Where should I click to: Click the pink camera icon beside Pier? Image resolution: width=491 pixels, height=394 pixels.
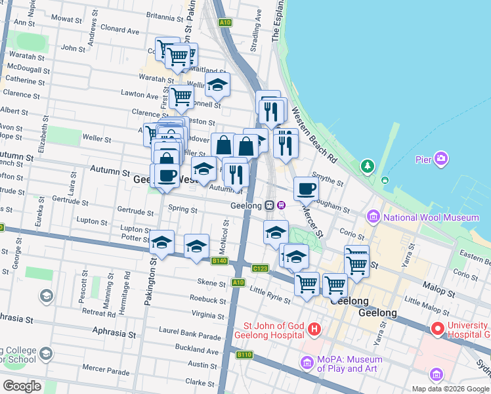442,159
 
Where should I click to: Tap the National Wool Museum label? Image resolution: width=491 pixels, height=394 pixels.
431,217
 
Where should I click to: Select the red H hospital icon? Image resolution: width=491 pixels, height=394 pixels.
314,328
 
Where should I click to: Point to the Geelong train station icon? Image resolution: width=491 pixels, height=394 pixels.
270,205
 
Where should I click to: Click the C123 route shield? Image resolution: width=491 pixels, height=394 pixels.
260,268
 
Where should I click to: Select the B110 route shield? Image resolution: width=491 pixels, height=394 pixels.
244,355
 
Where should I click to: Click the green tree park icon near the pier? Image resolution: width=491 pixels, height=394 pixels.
367,165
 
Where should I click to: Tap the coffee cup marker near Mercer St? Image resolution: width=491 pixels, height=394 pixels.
306,189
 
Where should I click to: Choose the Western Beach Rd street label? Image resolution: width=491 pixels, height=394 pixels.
314,137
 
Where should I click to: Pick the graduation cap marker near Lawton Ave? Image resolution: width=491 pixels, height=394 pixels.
218,85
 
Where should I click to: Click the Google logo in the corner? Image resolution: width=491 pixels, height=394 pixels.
21,386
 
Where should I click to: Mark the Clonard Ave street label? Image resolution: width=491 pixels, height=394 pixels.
120,30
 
